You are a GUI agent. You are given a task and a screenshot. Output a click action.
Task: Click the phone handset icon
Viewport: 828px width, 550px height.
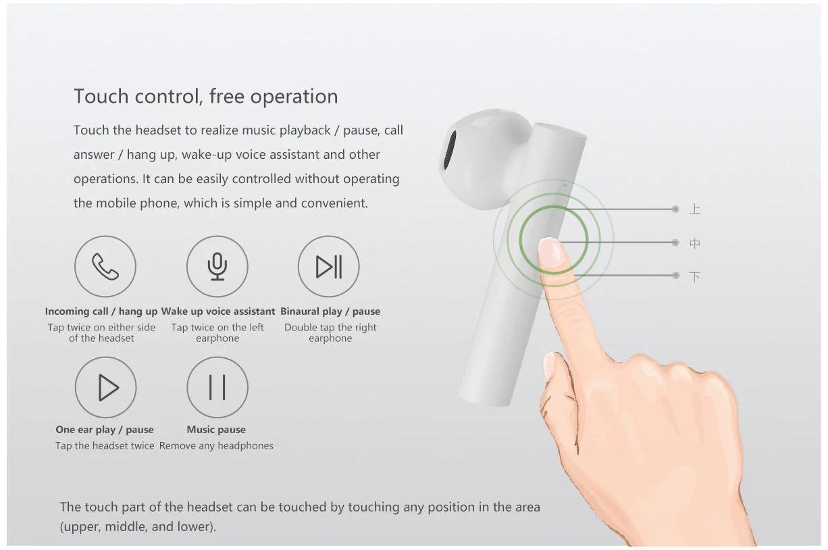click(105, 266)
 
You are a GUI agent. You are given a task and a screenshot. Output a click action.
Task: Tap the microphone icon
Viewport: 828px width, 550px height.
click(217, 266)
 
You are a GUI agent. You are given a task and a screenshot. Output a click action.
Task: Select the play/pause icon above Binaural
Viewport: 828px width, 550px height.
click(329, 266)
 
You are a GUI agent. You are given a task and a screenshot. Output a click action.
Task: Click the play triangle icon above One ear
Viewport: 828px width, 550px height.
click(107, 387)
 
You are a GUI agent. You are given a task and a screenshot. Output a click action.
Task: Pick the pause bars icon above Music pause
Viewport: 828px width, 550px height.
click(217, 387)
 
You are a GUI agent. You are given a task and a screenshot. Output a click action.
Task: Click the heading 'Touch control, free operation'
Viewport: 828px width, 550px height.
click(206, 96)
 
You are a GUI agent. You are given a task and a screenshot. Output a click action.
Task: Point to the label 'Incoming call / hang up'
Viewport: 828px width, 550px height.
click(101, 311)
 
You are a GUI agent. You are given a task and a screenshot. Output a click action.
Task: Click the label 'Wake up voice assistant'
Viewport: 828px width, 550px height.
click(218, 311)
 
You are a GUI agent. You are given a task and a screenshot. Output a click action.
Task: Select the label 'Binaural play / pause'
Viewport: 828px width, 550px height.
click(330, 311)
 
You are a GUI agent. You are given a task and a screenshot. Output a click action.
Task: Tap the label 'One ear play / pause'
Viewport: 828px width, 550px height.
click(105, 430)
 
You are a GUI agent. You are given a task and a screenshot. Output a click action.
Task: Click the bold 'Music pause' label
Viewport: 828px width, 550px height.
click(216, 430)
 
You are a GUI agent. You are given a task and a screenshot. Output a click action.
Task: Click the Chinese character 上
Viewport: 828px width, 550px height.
click(694, 209)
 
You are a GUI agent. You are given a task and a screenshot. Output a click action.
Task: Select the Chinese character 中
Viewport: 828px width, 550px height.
click(694, 243)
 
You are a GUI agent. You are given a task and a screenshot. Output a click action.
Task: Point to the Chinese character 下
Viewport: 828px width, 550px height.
click(694, 276)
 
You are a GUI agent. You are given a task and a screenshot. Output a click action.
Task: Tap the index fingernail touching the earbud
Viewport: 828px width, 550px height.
click(550, 253)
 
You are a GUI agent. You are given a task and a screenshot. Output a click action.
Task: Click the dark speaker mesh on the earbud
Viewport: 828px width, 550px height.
click(450, 150)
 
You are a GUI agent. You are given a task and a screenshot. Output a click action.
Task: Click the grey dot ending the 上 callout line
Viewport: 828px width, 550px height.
click(675, 209)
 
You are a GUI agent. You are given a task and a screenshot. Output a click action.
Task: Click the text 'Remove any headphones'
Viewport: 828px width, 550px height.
click(216, 446)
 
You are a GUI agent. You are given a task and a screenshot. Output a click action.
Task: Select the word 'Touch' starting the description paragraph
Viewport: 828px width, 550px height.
click(90, 130)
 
